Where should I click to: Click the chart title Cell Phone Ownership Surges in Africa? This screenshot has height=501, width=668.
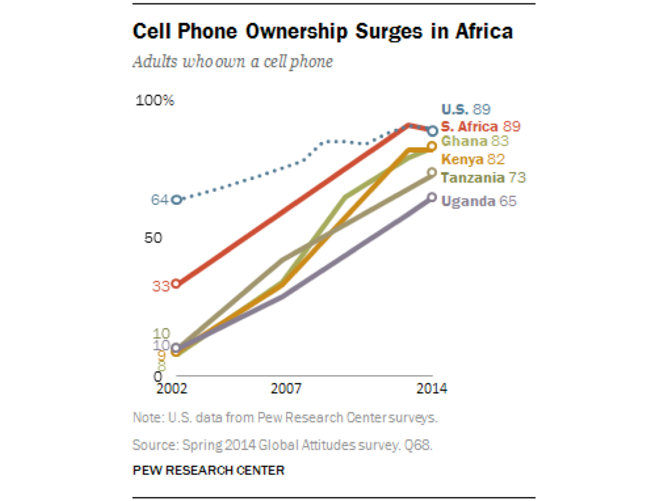(322, 31)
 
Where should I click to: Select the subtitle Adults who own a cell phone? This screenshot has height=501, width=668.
(233, 62)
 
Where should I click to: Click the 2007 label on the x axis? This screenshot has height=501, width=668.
(286, 389)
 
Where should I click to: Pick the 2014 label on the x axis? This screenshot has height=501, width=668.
(431, 389)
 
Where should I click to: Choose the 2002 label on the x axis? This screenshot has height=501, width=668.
(172, 389)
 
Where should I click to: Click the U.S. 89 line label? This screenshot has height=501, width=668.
(466, 110)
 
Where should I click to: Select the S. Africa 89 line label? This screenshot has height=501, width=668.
(480, 127)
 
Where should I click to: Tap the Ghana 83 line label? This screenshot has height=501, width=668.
(475, 142)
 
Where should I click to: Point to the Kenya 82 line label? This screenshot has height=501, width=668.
(473, 159)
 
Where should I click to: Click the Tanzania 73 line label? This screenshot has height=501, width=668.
(483, 177)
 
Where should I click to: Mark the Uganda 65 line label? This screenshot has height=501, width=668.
(479, 202)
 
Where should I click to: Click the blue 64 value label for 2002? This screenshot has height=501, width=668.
(160, 200)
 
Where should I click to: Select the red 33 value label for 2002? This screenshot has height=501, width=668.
(161, 285)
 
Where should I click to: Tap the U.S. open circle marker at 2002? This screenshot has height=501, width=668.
(175, 200)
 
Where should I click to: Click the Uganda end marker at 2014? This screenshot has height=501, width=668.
(432, 197)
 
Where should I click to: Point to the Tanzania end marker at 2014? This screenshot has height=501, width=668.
(432, 172)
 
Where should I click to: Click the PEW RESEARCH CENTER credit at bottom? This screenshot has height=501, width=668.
(208, 470)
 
